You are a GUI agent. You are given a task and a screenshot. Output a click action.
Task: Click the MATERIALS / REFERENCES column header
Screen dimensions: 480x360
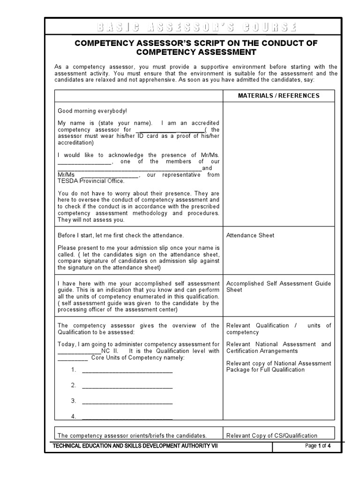click(x=278, y=96)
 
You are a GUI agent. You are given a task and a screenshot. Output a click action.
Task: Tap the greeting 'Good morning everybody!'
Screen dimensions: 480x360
click(x=92, y=111)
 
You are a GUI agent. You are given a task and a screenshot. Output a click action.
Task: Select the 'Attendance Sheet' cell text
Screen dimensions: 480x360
click(x=250, y=235)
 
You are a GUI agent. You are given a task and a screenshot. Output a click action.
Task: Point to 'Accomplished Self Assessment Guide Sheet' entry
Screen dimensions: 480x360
click(x=278, y=287)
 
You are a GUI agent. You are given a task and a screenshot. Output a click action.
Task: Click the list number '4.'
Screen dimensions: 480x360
click(x=74, y=416)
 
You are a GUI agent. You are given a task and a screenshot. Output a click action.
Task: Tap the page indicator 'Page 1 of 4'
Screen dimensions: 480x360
click(x=318, y=446)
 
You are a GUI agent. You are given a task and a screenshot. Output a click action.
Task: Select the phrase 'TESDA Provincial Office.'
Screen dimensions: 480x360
click(x=91, y=181)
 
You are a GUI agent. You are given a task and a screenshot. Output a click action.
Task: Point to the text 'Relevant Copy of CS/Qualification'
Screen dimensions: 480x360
click(x=271, y=435)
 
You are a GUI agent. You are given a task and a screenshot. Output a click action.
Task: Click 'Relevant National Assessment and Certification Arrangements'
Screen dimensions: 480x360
click(x=278, y=347)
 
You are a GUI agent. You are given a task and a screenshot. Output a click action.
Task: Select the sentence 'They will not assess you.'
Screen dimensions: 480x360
click(x=91, y=219)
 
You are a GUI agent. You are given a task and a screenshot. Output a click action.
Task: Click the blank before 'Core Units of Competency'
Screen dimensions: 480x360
click(x=72, y=358)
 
